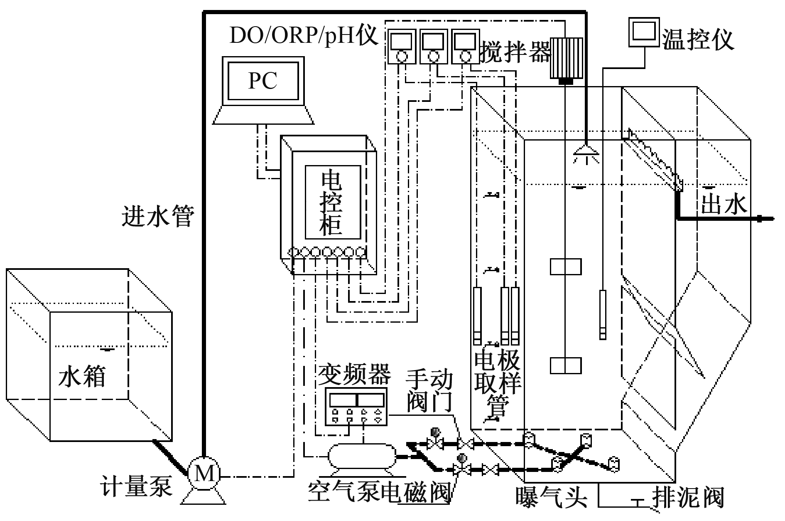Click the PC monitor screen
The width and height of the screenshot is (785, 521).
coord(263,81)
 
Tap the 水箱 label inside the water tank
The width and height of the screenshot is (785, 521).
coord(82,376)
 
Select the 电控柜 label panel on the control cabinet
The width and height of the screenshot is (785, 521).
coord(332,202)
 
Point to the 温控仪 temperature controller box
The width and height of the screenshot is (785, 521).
coord(643,32)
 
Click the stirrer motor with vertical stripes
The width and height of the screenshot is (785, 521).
coord(566,58)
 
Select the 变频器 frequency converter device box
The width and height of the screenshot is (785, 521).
coord(356,407)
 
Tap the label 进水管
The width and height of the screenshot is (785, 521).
coord(158,216)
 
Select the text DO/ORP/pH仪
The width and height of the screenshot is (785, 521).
coord(304,36)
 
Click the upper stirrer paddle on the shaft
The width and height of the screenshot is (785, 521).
coord(566,267)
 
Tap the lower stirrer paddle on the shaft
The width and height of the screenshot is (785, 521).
coord(566,365)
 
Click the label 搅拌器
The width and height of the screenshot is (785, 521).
coord(515,53)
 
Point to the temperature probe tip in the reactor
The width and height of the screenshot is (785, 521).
coord(602,333)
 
